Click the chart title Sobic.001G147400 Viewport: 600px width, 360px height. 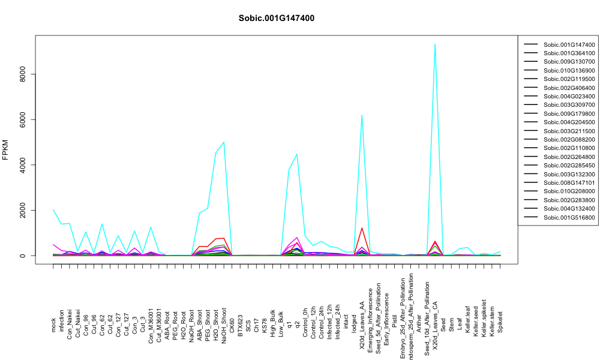[276, 19]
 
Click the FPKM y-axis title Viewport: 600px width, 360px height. [5, 149]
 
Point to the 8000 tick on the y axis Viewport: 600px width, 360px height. [23, 74]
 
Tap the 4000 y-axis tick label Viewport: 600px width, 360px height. [23, 165]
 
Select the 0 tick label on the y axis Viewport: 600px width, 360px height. [23, 256]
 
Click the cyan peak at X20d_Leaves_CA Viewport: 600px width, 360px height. [435, 44]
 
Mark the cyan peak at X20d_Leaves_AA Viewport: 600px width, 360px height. [362, 115]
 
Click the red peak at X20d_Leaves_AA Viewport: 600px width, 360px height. [362, 228]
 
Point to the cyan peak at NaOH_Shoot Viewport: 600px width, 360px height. [223, 142]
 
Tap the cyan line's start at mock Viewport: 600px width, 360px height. [53, 209]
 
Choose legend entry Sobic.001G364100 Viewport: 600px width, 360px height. [560, 53]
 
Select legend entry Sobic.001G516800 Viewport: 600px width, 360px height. [560, 217]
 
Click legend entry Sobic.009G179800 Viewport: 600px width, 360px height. [560, 113]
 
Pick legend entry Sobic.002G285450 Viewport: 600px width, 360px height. [560, 165]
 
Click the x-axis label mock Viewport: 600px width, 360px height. [53, 326]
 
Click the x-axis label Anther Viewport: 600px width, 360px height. [419, 323]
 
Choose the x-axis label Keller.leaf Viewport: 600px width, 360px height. [467, 319]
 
